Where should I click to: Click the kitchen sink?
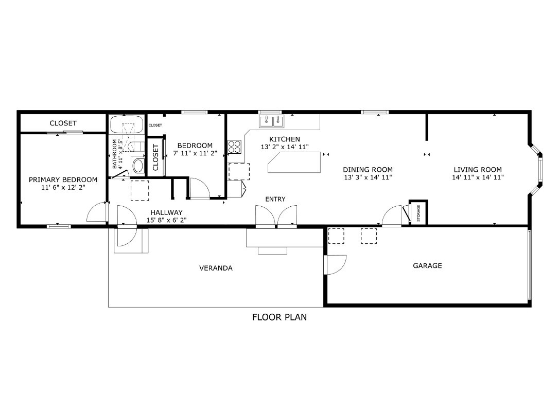pyautogui.click(x=271, y=121)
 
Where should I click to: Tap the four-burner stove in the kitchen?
pyautogui.click(x=234, y=147)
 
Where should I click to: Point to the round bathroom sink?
pyautogui.click(x=138, y=166)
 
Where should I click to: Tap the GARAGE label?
pyautogui.click(x=427, y=266)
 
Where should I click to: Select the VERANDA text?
pyautogui.click(x=216, y=268)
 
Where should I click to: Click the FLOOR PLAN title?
pyautogui.click(x=279, y=317)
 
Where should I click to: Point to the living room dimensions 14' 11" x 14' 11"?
pyautogui.click(x=478, y=177)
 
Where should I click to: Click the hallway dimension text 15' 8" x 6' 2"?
pyautogui.click(x=166, y=220)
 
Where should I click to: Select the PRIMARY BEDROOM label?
pyautogui.click(x=63, y=180)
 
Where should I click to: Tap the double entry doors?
pyautogui.click(x=277, y=216)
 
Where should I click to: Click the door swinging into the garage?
pyautogui.click(x=336, y=265)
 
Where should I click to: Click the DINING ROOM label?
pyautogui.click(x=368, y=170)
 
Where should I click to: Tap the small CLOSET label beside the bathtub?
pyautogui.click(x=155, y=125)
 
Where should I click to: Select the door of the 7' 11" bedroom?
pyautogui.click(x=200, y=188)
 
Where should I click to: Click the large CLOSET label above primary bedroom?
pyautogui.click(x=63, y=123)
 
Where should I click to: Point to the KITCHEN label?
pyautogui.click(x=284, y=139)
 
